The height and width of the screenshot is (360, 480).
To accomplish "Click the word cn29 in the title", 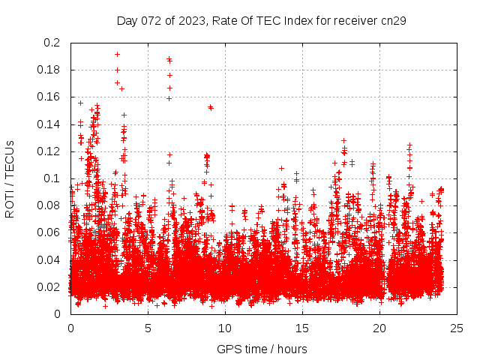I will (x=394, y=20).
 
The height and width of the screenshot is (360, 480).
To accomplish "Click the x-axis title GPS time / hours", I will (x=262, y=349).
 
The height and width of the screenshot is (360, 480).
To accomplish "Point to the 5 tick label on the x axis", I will (x=148, y=328).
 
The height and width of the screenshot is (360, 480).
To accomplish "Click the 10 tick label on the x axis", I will (x=225, y=328).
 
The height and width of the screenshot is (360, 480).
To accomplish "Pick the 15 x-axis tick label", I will (x=302, y=328).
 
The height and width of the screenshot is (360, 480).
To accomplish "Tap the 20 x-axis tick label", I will (x=379, y=328).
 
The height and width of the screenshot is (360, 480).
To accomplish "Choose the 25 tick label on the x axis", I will (x=457, y=328).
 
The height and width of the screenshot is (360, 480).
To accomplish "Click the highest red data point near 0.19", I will (x=117, y=54).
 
